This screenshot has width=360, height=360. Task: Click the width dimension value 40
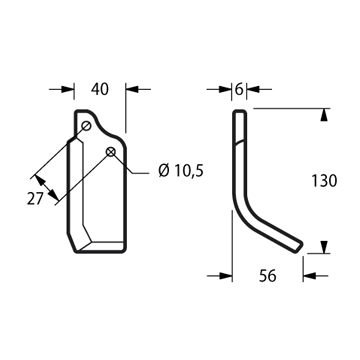click(x=100, y=89)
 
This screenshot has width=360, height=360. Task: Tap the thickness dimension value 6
click(x=239, y=89)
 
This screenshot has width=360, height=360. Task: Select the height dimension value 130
click(x=324, y=181)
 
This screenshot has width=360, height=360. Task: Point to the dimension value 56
click(x=268, y=276)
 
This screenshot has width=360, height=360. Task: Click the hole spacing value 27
click(x=35, y=199)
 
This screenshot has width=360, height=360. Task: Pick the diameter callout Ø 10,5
click(x=181, y=171)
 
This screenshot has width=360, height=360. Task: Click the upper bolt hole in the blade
click(x=86, y=126)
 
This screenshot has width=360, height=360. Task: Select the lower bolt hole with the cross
click(x=110, y=152)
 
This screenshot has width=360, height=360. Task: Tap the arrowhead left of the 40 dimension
click(x=68, y=89)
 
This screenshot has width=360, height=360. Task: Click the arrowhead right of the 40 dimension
click(x=132, y=89)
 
